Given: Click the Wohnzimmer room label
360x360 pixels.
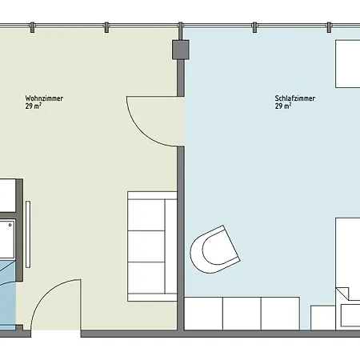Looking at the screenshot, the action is click(44, 98).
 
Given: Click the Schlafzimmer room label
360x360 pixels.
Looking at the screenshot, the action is click(295, 98).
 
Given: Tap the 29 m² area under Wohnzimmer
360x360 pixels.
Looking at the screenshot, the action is click(34, 106).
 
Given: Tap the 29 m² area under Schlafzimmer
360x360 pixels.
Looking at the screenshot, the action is click(283, 106).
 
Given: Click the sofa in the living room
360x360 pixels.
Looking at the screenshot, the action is click(152, 246).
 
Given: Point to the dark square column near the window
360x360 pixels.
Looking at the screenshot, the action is click(181, 50).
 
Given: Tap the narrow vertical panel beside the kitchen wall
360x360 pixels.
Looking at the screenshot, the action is click(28, 234).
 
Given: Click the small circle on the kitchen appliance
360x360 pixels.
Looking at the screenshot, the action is click(10, 225).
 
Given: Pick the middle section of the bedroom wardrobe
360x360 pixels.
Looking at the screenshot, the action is click(242, 314).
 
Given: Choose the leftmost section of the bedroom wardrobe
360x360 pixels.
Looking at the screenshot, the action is click(203, 314).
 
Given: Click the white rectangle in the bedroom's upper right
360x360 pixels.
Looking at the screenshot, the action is click(348, 64).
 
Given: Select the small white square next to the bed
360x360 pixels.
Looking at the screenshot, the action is click(323, 318).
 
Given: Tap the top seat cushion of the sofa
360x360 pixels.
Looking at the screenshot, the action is click(146, 215).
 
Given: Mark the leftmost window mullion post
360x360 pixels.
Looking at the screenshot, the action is click(32, 27).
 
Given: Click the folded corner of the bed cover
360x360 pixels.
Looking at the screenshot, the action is click(342, 294).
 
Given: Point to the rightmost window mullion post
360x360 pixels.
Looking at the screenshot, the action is click(329, 27).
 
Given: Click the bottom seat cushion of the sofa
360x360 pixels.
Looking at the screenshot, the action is click(146, 278).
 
